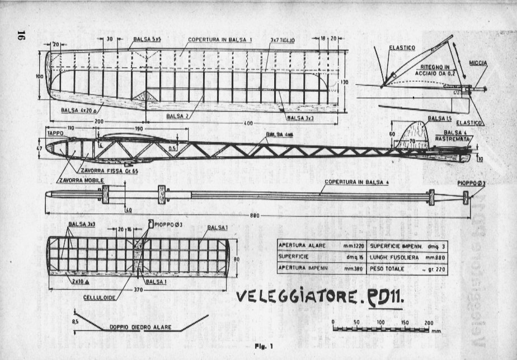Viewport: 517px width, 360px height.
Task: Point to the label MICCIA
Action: point(478,63)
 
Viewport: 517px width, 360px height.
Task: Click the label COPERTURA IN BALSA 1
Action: point(220,40)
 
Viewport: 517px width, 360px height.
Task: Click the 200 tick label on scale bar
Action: point(429,323)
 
